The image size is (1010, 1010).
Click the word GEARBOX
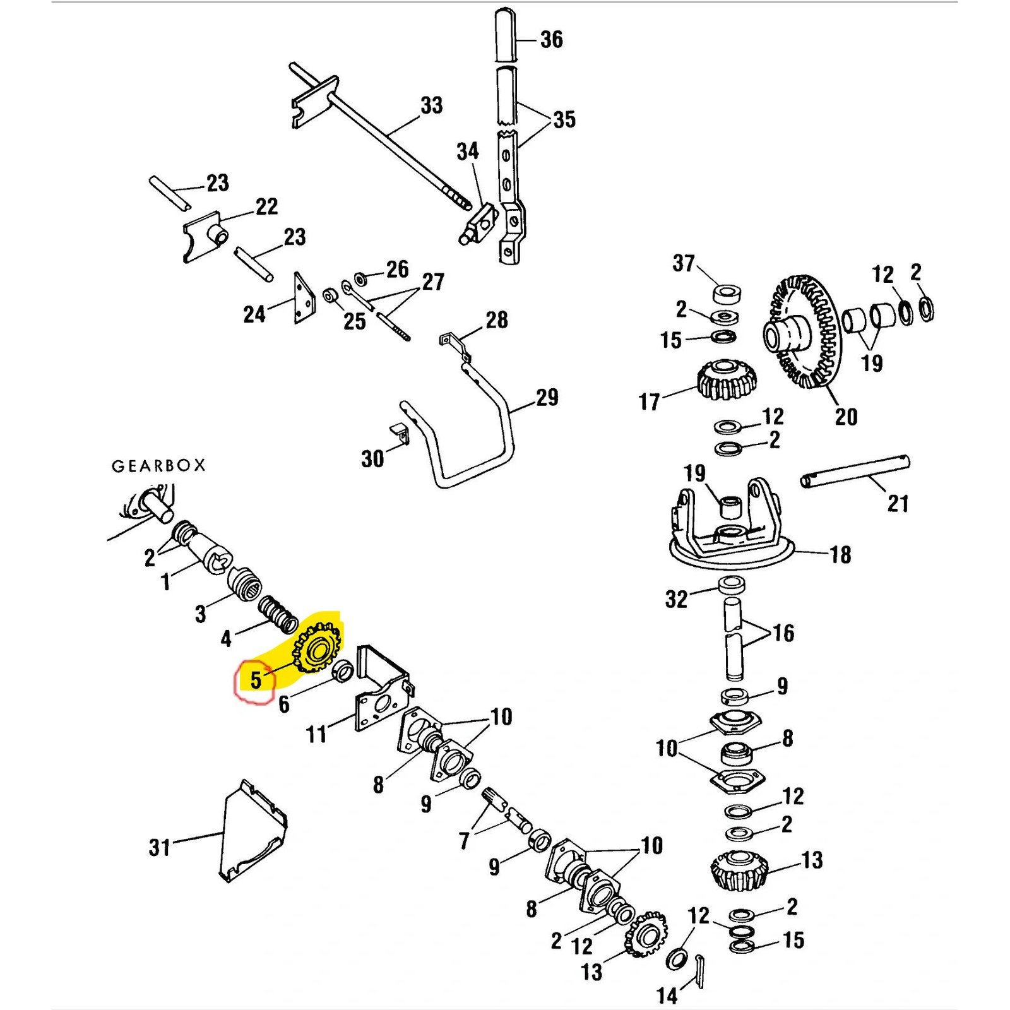click(x=158, y=466)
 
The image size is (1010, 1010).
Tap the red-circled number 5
click(x=256, y=680)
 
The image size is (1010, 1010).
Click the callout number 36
click(x=551, y=40)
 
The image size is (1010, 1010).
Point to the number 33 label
click(x=432, y=105)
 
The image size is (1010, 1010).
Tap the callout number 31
click(x=160, y=847)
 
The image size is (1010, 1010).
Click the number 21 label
click(x=898, y=504)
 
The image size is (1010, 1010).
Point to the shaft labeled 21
click(x=855, y=472)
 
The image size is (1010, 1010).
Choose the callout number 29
click(x=547, y=398)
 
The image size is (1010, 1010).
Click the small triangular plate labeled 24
click(x=304, y=299)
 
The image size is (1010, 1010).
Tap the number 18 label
click(x=840, y=555)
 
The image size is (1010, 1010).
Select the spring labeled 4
click(x=278, y=614)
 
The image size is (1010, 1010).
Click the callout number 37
click(x=684, y=263)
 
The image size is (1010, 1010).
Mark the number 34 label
click(x=468, y=151)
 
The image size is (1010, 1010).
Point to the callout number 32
click(x=676, y=599)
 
